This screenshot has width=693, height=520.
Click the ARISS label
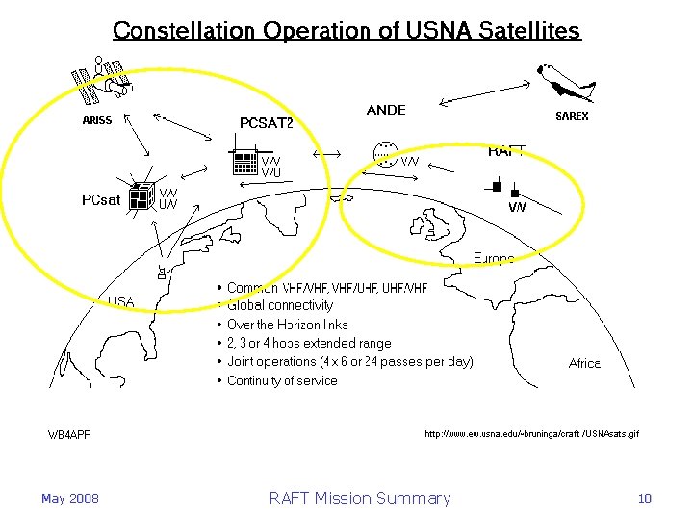(x=96, y=120)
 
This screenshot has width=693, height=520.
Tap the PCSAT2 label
(x=266, y=122)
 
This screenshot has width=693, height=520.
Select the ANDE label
(x=386, y=110)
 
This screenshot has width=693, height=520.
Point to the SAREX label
(x=573, y=117)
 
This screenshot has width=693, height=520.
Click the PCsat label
(x=101, y=200)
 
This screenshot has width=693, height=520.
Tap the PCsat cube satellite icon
(x=141, y=195)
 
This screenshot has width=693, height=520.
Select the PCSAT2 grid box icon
(x=245, y=163)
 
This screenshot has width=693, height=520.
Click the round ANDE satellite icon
(x=385, y=154)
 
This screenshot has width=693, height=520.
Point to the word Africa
(x=584, y=364)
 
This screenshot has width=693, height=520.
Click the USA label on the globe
(x=121, y=301)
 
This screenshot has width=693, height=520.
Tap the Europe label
(x=494, y=258)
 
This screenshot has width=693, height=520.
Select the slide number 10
(x=644, y=498)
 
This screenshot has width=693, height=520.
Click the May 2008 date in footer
(x=69, y=498)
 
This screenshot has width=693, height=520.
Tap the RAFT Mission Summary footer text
(x=360, y=498)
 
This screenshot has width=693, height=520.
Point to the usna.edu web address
(x=531, y=434)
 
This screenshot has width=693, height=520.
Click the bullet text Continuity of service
(x=282, y=380)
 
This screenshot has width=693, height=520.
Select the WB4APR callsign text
(x=70, y=435)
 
